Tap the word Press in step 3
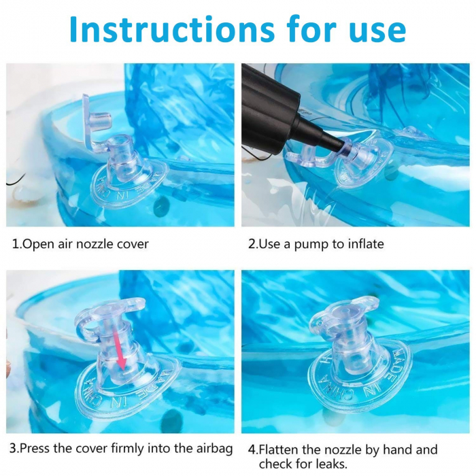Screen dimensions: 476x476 pos(34,448)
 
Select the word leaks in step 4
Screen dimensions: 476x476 pos(331,464)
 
